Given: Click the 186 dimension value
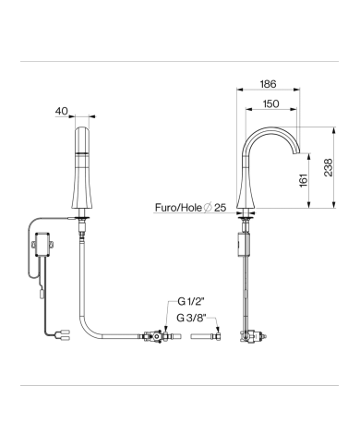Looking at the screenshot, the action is coord(268,84).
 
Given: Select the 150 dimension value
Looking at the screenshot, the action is coord(270,103).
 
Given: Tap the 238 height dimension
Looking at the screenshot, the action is coord(329,167).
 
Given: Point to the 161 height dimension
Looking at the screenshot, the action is coord(304,180).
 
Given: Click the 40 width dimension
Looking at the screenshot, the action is coord(61,111).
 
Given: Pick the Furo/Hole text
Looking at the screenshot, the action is coord(178,208).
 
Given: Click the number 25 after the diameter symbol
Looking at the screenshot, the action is coord(221,208).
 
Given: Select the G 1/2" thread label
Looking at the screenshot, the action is coord(191,301).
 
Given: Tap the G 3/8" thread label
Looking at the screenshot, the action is coord(191,318).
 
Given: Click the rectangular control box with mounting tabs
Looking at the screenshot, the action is coord(43,245).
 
